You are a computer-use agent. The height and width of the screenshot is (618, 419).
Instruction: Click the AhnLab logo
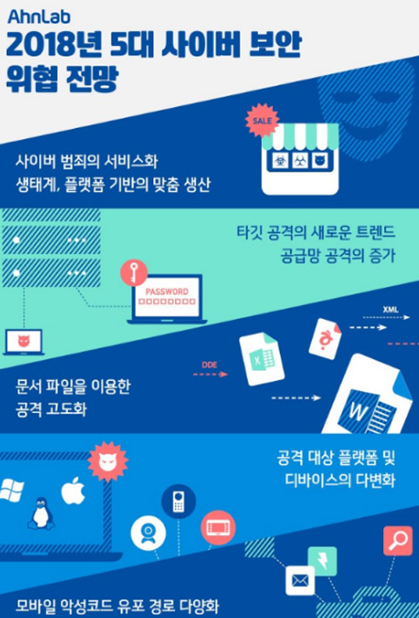pyautogui.click(x=39, y=17)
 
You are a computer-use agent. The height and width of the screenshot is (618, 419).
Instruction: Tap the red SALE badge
pyautogui.click(x=262, y=121)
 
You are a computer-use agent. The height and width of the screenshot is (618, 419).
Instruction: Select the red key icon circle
pyautogui.click(x=134, y=272)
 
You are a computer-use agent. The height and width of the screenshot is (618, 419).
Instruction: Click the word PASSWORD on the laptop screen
pyautogui.click(x=167, y=292)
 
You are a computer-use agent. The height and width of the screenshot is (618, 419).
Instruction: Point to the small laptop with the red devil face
pyautogui.click(x=23, y=342)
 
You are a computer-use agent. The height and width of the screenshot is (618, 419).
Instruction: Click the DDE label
pyautogui.click(x=209, y=365)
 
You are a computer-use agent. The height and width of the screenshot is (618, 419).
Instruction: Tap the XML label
pyautogui.click(x=391, y=309)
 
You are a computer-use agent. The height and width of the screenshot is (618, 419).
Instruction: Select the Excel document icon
pyautogui.click(x=261, y=359)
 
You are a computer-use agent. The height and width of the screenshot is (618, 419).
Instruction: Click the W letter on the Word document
pyautogui.click(x=358, y=413)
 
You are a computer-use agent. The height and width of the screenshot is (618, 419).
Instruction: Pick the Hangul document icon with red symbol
pyautogui.click(x=325, y=338)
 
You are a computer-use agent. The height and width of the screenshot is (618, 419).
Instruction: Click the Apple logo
pyautogui.click(x=74, y=491)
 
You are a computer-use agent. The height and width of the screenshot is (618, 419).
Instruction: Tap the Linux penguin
pyautogui.click(x=40, y=512)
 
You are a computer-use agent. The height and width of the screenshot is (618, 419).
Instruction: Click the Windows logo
pyautogui.click(x=11, y=491)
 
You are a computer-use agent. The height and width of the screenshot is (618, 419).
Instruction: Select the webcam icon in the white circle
pyautogui.click(x=148, y=533)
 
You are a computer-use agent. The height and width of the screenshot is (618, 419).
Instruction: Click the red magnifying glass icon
pyautogui.click(x=398, y=541)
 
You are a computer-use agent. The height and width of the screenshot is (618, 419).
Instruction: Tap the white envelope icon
pyautogui.click(x=300, y=580)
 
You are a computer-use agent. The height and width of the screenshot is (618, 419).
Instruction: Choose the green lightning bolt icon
pyautogui.click(x=323, y=561)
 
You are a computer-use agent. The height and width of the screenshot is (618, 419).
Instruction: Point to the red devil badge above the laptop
pyautogui.click(x=108, y=461)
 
